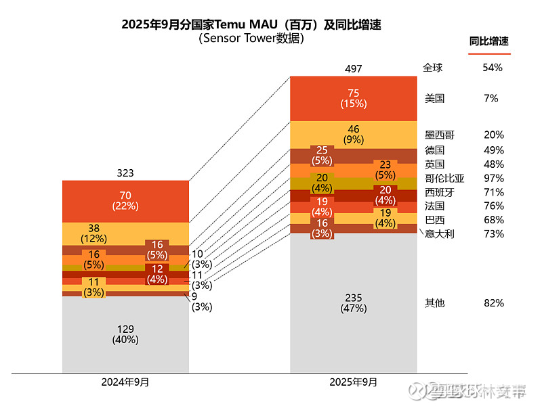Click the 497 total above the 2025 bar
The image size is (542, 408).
pyautogui.click(x=353, y=69)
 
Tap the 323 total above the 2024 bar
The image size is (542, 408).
pyautogui.click(x=125, y=174)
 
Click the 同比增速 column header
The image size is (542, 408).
pyautogui.click(x=489, y=41)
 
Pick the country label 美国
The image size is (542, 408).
pyautogui.click(x=434, y=98)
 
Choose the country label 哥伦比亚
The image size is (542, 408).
pyautogui.click(x=444, y=179)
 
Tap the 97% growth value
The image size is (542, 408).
pyautogui.click(x=494, y=179)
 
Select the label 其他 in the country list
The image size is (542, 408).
pyautogui.click(x=434, y=303)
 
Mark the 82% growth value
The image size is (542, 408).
pyautogui.click(x=494, y=303)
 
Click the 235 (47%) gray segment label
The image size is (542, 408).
pyautogui.click(x=353, y=303)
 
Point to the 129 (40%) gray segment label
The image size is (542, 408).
pyautogui.click(x=125, y=334)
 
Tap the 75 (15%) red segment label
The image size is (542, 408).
pyautogui.click(x=353, y=98)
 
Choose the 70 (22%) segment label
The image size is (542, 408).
pyautogui.click(x=125, y=200)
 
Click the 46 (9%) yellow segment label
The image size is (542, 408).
pyautogui.click(x=353, y=135)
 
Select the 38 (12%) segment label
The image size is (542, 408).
pyautogui.click(x=93, y=233)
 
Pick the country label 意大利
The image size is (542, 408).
pyautogui.click(x=439, y=234)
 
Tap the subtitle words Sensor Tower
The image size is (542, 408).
pyautogui.click(x=239, y=39)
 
